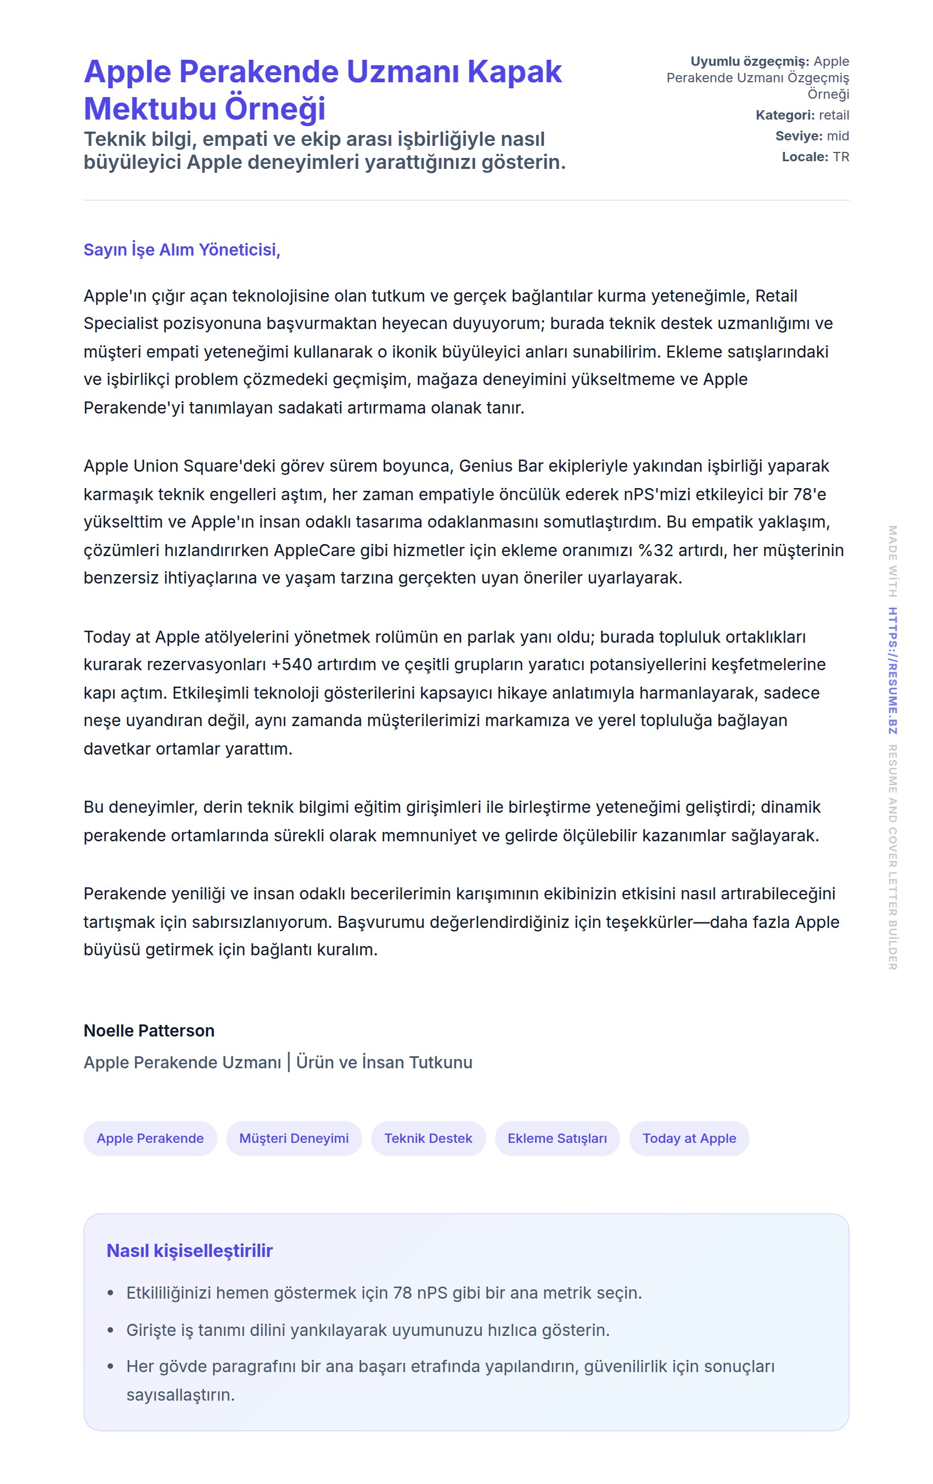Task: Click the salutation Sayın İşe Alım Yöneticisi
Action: click(181, 250)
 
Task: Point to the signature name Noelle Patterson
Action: click(149, 1030)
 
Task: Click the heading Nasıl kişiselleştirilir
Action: click(189, 1250)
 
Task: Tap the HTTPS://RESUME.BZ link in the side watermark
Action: click(892, 671)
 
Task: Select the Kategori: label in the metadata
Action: click(784, 115)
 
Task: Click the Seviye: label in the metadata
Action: click(798, 136)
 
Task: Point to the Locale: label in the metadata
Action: click(804, 157)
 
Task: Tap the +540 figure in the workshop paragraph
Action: click(291, 664)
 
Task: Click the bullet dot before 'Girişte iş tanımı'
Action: click(110, 1330)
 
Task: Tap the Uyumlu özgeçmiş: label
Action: click(749, 61)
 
